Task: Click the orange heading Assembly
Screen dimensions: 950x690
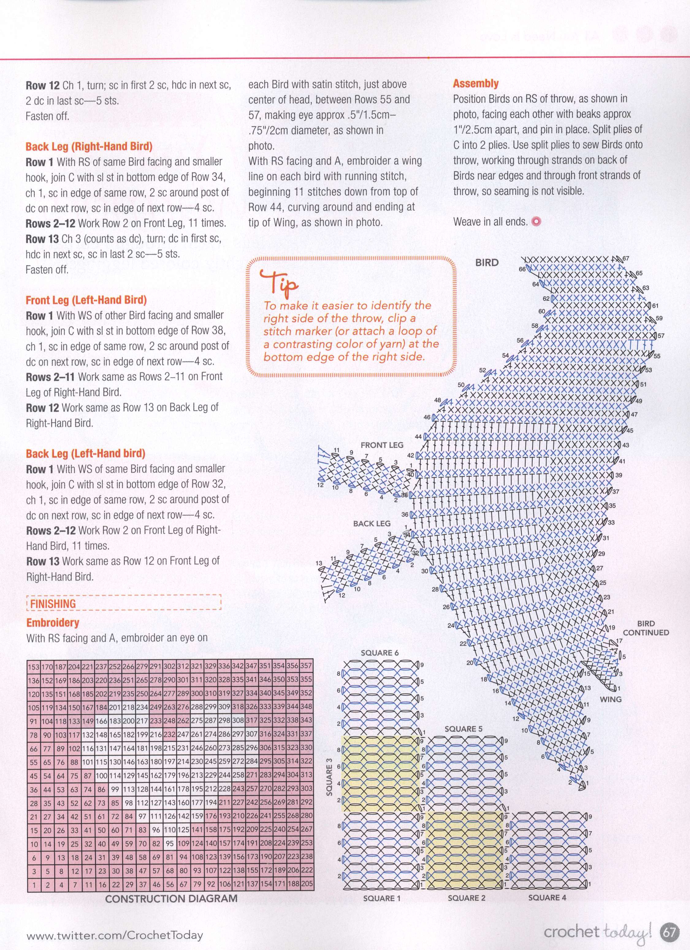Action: pos(475,83)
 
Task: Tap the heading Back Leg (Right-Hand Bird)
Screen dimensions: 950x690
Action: pos(89,146)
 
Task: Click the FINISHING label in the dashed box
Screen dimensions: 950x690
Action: pos(53,604)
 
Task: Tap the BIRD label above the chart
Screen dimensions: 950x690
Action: pos(487,263)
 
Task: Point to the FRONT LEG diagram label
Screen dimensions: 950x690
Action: pos(382,445)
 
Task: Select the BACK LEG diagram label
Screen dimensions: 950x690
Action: pos(372,524)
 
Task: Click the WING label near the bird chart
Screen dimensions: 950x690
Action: pos(610,699)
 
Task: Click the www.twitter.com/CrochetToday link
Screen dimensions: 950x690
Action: pos(114,932)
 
